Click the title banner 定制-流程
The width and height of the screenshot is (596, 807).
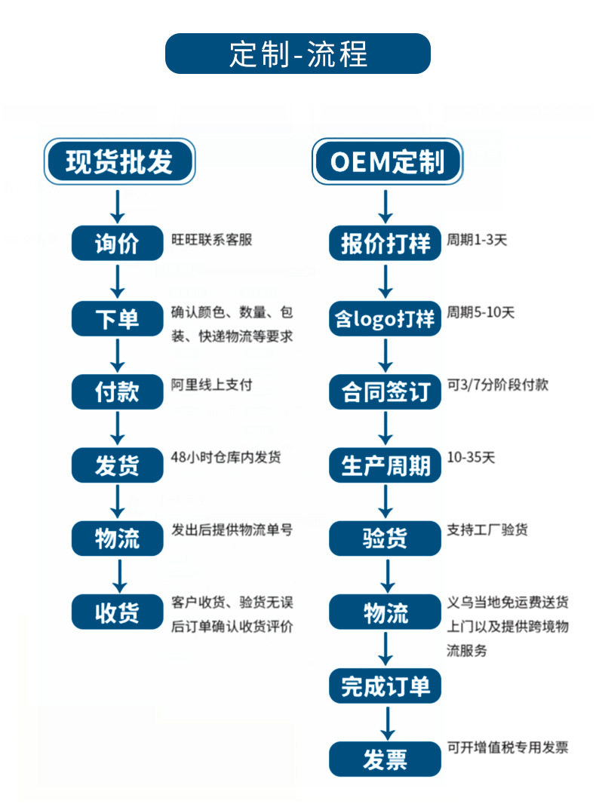(297, 54)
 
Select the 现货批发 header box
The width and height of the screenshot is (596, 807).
(118, 162)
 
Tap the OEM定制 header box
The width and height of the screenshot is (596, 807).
(386, 162)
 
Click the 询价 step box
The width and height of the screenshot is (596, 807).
(117, 244)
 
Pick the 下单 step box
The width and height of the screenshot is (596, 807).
(117, 318)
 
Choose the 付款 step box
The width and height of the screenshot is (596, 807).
(117, 391)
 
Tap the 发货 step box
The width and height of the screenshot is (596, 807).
(117, 465)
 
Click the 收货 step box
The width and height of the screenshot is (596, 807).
(117, 612)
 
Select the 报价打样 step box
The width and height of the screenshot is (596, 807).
(385, 244)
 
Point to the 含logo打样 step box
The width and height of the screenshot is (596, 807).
(385, 318)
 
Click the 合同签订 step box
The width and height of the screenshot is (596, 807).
(385, 391)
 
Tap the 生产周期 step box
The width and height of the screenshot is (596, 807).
(385, 465)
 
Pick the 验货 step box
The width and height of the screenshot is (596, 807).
(385, 538)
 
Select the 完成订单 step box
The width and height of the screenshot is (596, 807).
(385, 686)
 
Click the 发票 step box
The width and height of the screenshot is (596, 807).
(385, 759)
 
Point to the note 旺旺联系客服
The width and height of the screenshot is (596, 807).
(212, 240)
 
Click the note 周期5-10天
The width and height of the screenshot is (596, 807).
(481, 311)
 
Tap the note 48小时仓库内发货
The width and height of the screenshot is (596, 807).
(226, 457)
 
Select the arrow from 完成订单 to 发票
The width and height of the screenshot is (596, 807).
(386, 722)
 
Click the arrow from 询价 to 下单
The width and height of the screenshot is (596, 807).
(117, 281)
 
